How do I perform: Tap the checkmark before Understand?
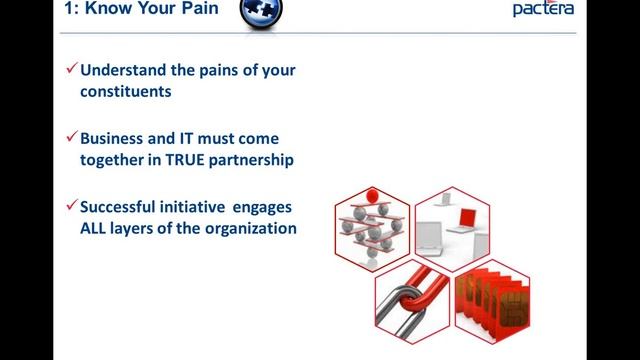[x=71, y=70]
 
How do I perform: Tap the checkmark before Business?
[x=71, y=137]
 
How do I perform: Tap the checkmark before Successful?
[x=71, y=204]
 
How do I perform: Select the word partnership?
[x=266, y=159]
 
